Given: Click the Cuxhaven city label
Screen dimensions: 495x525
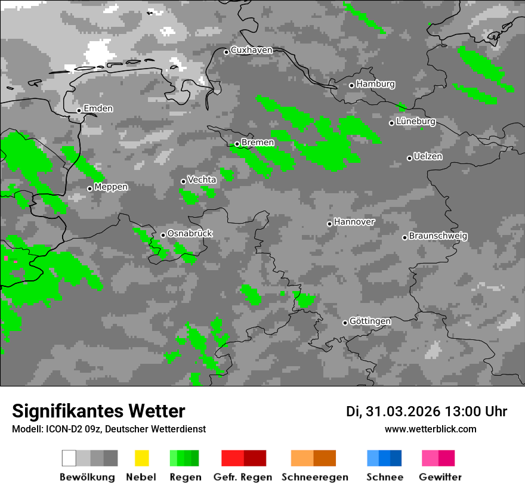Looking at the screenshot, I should tap(251, 50).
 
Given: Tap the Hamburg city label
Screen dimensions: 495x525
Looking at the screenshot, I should tap(375, 84).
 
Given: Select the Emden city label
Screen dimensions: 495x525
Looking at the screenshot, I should tap(98, 109).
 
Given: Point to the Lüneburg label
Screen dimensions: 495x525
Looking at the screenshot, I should tap(416, 121).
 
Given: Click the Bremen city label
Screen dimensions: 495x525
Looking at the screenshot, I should tap(258, 143).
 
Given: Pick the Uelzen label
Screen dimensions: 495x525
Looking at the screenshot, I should tap(428, 156).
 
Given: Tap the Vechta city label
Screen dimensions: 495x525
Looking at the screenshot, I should tap(202, 180).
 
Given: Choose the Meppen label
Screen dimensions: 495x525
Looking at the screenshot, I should tap(111, 187).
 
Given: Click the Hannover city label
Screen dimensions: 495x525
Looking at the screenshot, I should tap(354, 222).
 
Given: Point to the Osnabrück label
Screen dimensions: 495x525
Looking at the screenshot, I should tap(190, 233).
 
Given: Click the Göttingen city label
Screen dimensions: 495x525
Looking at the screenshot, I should tap(370, 321).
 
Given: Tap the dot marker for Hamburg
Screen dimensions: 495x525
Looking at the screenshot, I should tap(351, 85).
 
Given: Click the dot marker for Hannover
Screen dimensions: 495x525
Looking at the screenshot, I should tap(329, 224).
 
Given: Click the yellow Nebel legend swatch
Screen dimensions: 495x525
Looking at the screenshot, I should tap(141, 458).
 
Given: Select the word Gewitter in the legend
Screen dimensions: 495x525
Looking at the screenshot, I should tap(440, 477).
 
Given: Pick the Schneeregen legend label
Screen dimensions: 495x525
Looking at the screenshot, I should tap(315, 477).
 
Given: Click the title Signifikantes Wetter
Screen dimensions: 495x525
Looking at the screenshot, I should tap(98, 411).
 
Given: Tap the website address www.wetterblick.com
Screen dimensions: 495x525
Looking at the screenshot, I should tap(430, 429).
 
